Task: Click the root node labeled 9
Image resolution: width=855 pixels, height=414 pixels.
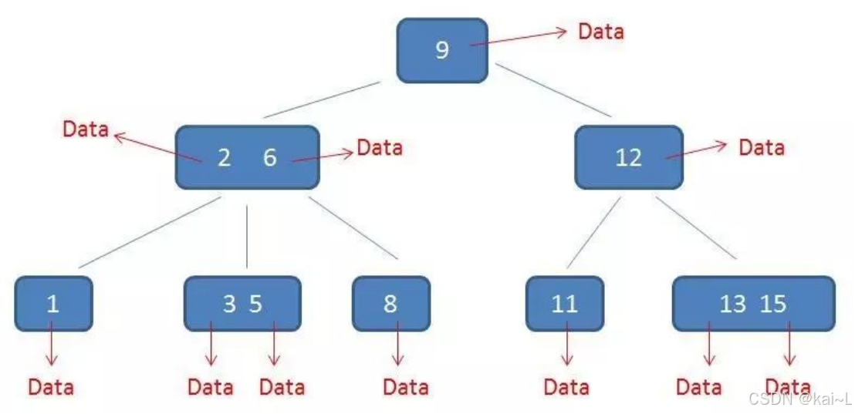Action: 441,51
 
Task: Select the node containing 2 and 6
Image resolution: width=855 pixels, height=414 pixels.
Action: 247,158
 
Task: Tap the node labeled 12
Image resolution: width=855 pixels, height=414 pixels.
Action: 629,157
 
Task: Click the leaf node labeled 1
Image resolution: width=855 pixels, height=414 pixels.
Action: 53,304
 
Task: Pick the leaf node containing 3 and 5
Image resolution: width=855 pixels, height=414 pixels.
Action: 242,304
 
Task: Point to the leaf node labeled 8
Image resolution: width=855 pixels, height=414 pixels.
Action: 391,304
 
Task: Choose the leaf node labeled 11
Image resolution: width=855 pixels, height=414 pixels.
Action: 565,304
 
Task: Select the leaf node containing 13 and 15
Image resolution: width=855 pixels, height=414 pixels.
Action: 754,304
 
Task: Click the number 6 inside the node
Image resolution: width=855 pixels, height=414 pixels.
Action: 270,158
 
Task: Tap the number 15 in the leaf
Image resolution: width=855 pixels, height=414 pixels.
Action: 774,304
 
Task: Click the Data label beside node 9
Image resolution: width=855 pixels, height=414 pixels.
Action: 601,31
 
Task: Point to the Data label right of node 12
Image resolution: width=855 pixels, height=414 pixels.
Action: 762,147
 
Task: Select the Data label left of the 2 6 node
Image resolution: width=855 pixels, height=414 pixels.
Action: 86,130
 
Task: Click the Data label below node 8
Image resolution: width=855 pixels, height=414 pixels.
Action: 406,387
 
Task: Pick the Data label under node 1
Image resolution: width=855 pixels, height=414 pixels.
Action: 51,387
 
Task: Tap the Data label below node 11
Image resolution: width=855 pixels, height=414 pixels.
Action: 567,387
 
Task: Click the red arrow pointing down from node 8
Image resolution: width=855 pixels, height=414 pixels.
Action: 398,343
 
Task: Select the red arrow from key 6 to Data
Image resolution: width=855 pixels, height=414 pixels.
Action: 323,157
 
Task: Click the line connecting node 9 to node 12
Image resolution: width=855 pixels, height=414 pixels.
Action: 553,90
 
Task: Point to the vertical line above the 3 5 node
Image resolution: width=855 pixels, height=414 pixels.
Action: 247,237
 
